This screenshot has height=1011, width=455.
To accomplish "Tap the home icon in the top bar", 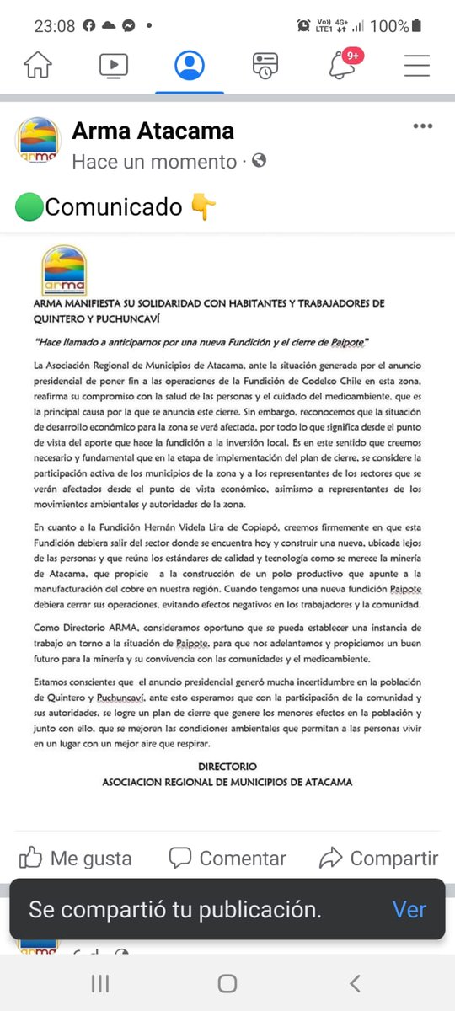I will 38,65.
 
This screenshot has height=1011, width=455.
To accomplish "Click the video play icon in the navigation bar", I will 114,65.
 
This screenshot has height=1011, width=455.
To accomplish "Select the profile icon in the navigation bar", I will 190,65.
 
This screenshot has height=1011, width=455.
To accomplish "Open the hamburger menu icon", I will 417,65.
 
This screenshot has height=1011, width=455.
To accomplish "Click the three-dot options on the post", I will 422,127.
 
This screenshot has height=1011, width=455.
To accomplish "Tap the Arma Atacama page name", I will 153,131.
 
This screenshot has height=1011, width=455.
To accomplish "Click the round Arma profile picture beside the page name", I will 39,141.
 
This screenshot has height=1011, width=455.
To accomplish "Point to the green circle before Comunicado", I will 29,206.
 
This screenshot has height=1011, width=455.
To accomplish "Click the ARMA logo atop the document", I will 64,270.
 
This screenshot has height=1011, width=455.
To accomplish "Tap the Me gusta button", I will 76,859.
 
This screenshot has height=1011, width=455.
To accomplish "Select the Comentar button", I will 227,859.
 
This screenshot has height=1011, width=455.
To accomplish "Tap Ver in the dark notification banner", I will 409,910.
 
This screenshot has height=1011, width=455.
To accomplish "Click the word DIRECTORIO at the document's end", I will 227,767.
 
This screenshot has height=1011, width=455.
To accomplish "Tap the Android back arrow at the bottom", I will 355,983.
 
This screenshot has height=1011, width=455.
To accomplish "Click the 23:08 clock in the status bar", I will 54,26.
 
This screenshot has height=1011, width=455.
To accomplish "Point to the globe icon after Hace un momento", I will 260,160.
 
